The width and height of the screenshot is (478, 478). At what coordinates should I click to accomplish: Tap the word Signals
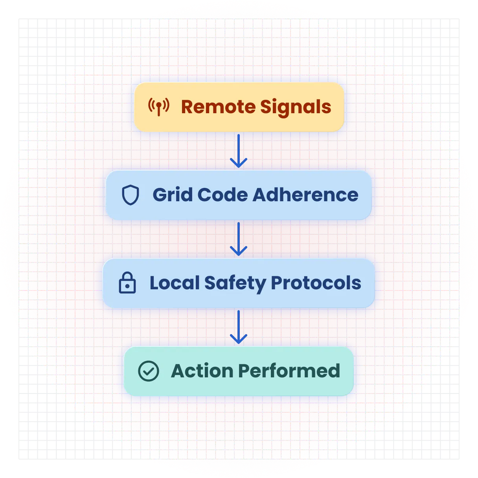[x=296, y=107]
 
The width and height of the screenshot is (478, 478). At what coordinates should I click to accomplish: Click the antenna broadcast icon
[x=159, y=106]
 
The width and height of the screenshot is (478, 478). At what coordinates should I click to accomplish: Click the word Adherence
[x=305, y=195]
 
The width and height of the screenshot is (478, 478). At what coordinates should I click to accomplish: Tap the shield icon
[x=131, y=195]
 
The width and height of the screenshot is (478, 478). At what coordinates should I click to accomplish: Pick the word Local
[x=175, y=283]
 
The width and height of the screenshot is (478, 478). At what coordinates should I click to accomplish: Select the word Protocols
[x=316, y=283]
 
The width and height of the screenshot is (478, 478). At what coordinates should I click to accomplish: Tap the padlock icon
[x=127, y=283]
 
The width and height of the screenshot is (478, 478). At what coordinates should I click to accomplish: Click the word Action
[x=201, y=371]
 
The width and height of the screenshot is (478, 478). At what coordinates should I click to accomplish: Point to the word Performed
[x=289, y=371]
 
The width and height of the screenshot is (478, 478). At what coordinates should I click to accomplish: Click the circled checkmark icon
[x=149, y=371]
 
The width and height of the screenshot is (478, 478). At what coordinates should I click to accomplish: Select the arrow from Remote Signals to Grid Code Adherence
[x=239, y=151]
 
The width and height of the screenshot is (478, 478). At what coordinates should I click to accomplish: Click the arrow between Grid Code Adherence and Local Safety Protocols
[x=239, y=239]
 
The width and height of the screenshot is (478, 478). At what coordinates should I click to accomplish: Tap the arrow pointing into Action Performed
[x=239, y=327]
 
